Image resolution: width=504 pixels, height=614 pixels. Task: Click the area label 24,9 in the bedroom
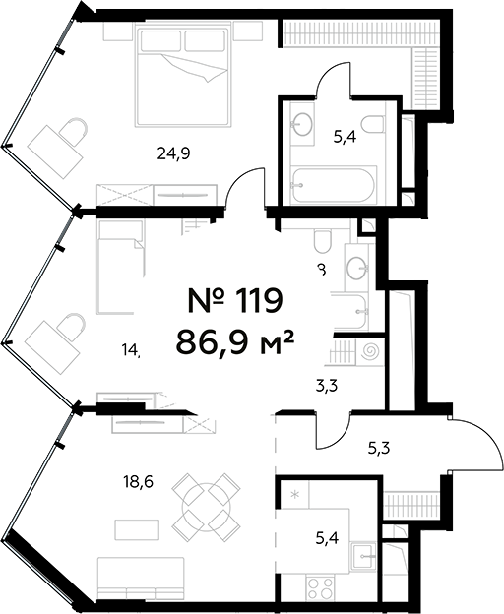[x=172, y=153]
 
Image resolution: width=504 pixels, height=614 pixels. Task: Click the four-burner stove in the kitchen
[x=320, y=589]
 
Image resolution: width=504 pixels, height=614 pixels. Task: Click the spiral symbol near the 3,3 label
[x=371, y=350]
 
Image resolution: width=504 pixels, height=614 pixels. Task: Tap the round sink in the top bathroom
[x=302, y=123]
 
